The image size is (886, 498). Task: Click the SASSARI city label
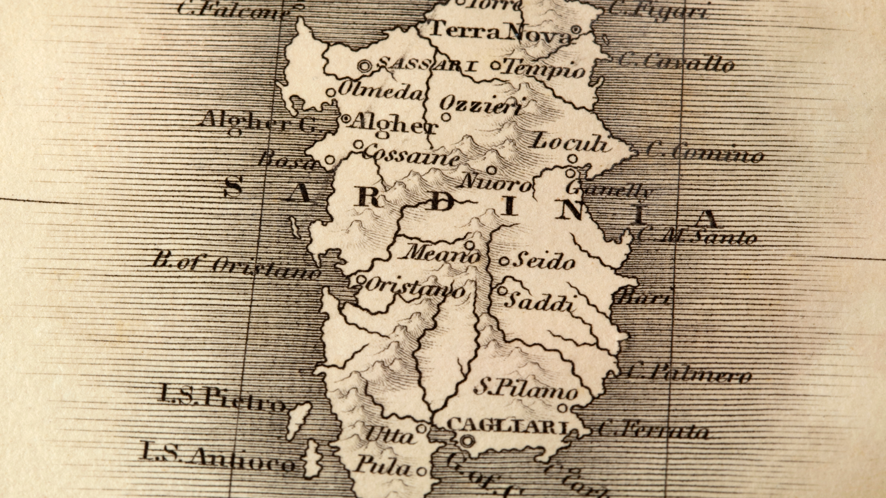tap(427, 65)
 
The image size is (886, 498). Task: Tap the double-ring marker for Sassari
tap(365, 66)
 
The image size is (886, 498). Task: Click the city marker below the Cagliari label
tap(467, 441)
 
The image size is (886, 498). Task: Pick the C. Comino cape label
tap(704, 152)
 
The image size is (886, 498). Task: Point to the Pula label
tap(383, 466)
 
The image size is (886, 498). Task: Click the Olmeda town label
tap(380, 90)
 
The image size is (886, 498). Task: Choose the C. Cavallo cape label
tap(676, 62)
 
